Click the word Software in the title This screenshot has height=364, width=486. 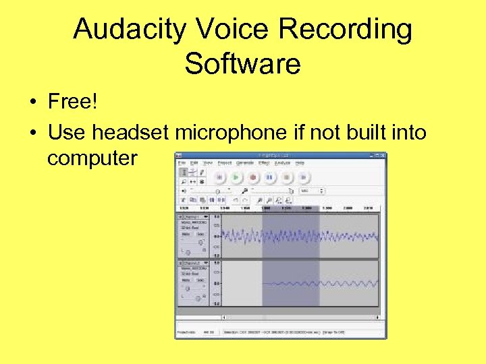click(242, 64)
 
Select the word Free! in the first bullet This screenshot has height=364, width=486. click(73, 102)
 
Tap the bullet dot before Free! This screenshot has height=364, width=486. click(32, 103)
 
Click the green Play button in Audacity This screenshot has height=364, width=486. click(236, 177)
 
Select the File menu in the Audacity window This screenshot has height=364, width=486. click(182, 162)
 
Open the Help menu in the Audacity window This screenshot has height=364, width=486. click(300, 162)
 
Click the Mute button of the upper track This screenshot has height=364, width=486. click(186, 235)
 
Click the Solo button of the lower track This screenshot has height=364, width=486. click(200, 280)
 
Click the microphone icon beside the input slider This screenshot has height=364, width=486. click(246, 191)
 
